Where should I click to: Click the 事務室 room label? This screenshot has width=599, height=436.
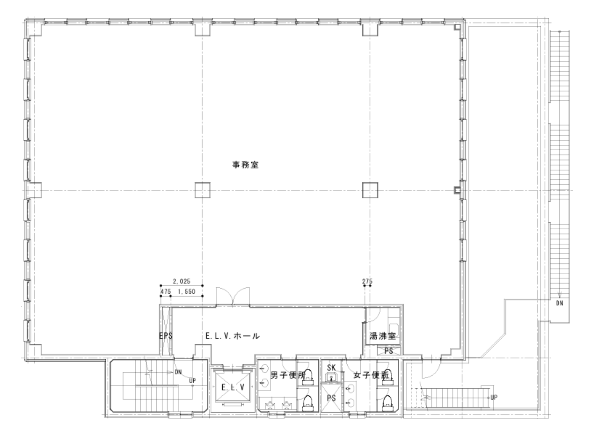tap(246, 165)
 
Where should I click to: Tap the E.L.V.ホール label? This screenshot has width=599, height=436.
tap(233, 336)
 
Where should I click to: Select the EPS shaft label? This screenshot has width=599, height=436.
tap(165, 336)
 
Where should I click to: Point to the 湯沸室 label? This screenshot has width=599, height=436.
tap(382, 336)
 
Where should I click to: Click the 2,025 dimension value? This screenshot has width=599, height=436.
tap(181, 281)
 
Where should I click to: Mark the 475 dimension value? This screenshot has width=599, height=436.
tap(165, 291)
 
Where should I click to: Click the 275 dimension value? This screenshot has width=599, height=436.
tap(367, 281)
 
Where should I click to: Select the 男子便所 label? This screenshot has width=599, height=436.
tap(288, 375)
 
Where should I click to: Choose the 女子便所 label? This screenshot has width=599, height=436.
tap(369, 375)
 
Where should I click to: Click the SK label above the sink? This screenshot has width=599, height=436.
tap(331, 368)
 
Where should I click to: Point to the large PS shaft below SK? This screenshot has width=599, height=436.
tap(331, 398)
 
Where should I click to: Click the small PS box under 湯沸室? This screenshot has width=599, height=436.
tap(388, 350)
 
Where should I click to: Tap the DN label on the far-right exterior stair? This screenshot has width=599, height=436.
tap(559, 303)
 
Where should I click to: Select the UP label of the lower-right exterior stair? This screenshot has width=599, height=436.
tap(494, 397)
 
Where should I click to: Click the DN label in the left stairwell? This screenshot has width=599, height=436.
tap(178, 373)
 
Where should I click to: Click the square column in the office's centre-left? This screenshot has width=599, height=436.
tap(203, 190)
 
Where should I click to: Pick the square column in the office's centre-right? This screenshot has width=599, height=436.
tap(370, 190)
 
